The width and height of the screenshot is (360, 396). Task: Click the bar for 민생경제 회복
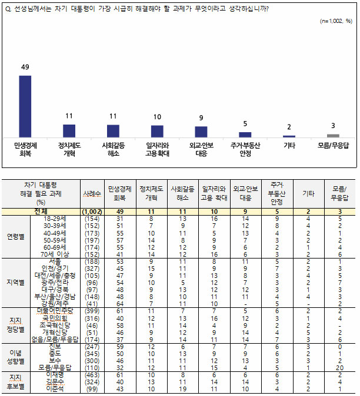click(25, 106)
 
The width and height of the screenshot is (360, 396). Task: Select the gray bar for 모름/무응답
click(333, 135)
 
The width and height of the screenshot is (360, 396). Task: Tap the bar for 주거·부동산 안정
click(245, 135)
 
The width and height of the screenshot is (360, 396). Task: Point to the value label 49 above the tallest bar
click(25, 68)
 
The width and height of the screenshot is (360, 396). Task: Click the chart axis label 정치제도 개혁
click(69, 149)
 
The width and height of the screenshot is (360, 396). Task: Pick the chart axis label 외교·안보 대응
click(201, 149)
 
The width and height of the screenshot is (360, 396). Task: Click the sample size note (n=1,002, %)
click(336, 21)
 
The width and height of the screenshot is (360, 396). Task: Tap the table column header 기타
click(308, 193)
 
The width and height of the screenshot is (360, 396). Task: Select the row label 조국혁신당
click(56, 325)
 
